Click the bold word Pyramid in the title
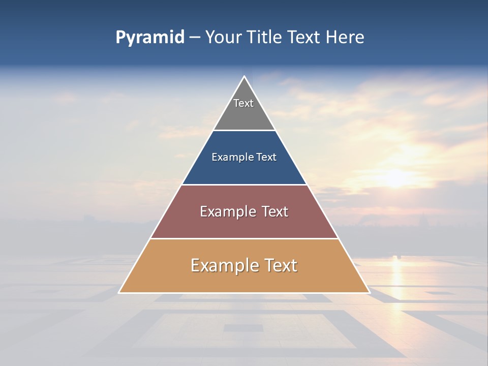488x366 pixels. pos(149,38)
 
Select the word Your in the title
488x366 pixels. pos(223,37)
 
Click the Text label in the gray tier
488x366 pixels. pos(243,103)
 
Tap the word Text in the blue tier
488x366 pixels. pos(266,157)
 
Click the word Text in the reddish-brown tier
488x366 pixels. pos(275,211)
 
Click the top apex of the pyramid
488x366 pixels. pos(244,76)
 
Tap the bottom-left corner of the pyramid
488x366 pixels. pos(119,293)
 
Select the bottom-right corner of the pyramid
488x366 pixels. pos(370,293)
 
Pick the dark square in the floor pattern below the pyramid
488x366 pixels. pos(243,328)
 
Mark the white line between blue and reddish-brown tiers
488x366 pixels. pos(244,185)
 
